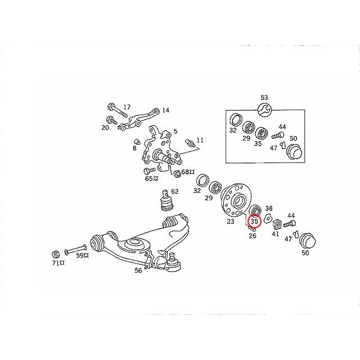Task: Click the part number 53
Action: coord(264,97)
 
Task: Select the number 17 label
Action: coord(127,107)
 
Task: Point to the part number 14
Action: coord(165,110)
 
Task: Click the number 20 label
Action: coord(105,128)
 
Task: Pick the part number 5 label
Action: coord(175,131)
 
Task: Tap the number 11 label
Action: coord(200,140)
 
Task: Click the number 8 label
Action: coord(134,148)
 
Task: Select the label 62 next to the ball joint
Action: coord(174,191)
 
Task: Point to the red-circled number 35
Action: coord(254,222)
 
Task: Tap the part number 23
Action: coord(230,222)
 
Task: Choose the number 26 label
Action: coord(253,236)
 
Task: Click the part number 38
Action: coord(269,208)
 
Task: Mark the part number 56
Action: coord(138,270)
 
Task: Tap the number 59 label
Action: coord(81,256)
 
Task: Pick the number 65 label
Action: coord(148,178)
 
